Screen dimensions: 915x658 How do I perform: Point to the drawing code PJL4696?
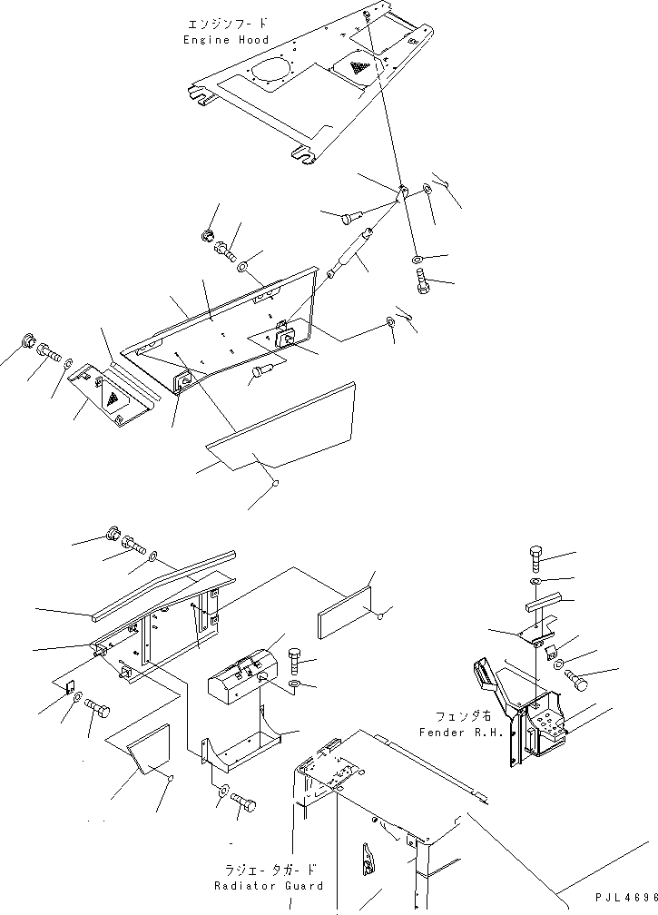626,896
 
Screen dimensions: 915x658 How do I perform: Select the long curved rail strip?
163,586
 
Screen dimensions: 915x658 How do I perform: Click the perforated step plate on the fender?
548,723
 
